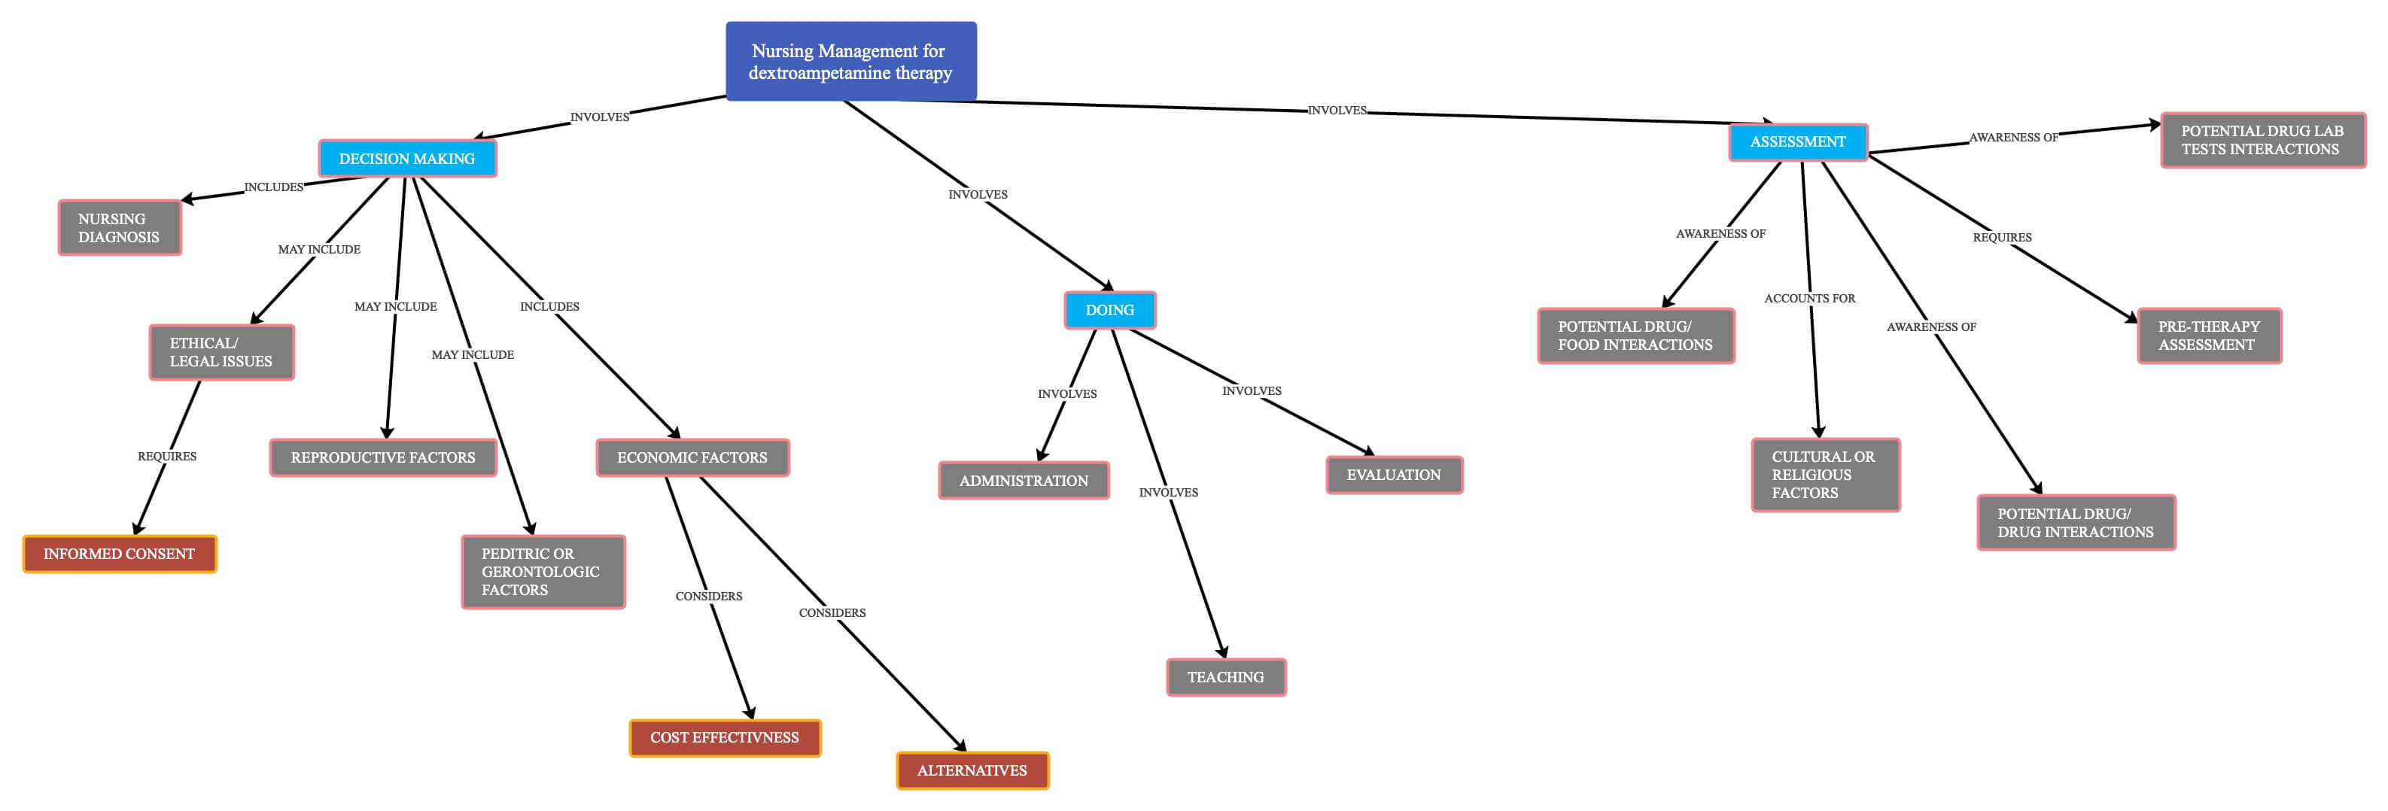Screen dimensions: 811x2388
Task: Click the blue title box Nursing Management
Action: tap(850, 61)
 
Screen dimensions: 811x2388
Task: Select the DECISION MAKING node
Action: tap(407, 159)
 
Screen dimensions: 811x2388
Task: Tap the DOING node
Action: tap(1109, 309)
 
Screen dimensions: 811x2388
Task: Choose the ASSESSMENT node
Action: tap(1797, 141)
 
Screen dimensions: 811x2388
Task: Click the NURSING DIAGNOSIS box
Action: tap(120, 227)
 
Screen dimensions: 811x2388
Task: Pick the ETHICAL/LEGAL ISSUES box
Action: tap(221, 352)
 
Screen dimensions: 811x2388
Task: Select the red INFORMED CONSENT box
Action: tap(120, 554)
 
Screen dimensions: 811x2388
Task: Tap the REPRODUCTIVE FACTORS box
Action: tap(383, 457)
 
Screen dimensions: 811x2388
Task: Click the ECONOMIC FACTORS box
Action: tap(692, 457)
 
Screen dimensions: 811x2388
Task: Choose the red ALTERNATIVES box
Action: tap(972, 770)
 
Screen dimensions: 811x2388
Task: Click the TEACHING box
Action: tap(1225, 676)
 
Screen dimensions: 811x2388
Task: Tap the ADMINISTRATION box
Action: tap(1024, 480)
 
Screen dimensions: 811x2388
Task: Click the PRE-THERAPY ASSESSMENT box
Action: tap(2208, 336)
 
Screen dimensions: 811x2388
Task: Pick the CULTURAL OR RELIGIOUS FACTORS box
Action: tap(1824, 475)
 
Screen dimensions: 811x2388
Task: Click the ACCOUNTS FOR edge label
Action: tap(1809, 299)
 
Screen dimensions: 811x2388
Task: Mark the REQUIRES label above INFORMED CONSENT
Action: tap(167, 456)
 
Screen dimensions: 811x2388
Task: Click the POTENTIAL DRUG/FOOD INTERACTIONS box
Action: tap(1635, 336)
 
